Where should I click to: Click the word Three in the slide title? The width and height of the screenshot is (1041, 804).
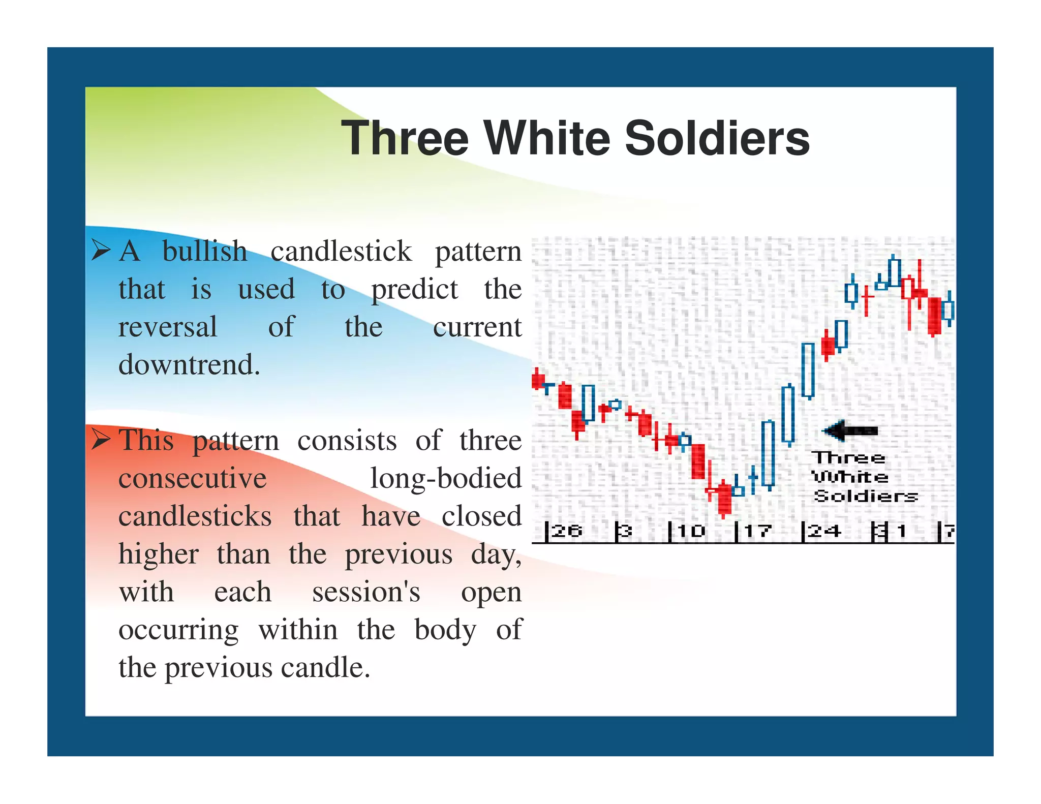coord(404,138)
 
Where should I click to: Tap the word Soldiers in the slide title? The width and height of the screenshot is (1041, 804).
coord(717,138)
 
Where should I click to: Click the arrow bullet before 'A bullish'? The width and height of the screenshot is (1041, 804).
coord(101,250)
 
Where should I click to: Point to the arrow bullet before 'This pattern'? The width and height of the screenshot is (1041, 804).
coord(101,439)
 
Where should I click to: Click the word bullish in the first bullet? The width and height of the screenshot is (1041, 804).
coord(204,251)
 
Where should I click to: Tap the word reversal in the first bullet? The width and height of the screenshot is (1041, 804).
coord(167,326)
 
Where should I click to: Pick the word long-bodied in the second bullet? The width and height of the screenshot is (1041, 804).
coord(446,478)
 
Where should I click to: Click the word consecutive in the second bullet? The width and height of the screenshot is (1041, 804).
coord(192,478)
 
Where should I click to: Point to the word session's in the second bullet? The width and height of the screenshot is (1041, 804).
coord(366,592)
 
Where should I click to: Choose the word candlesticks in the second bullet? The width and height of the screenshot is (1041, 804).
coord(195,516)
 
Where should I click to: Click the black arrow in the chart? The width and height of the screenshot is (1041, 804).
coord(850,431)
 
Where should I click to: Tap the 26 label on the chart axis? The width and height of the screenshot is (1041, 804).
coord(566,531)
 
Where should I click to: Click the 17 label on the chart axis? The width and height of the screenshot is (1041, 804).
coord(757,531)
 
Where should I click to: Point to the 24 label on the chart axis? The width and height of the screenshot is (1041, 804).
coord(823,531)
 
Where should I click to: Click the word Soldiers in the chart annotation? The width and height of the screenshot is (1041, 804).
coord(866,496)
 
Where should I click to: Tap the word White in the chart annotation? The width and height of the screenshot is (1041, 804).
coord(850,477)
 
